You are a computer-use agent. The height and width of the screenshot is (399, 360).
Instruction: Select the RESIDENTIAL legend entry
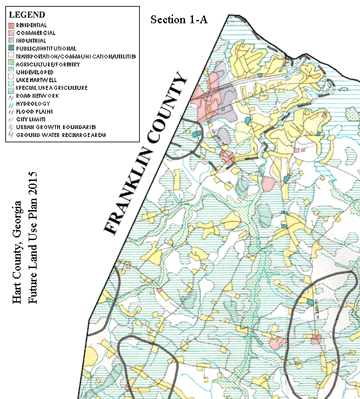(33, 24)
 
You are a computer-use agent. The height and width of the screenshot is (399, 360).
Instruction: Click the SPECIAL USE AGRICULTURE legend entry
(51, 88)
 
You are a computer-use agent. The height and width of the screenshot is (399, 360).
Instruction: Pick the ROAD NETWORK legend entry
(37, 96)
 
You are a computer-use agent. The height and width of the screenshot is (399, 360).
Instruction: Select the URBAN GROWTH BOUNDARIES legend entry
(54, 128)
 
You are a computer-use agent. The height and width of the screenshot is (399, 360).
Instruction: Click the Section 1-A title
(179, 19)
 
